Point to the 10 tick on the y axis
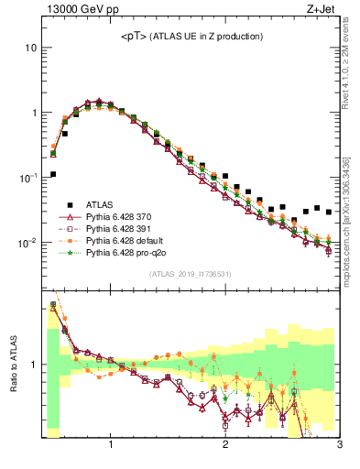click(x=30, y=48)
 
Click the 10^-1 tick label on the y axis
click(x=27, y=178)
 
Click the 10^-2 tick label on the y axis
click(x=27, y=243)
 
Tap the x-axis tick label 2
click(x=225, y=447)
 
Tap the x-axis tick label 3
click(x=339, y=447)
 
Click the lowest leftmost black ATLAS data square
click(x=53, y=174)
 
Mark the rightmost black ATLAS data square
click(x=329, y=212)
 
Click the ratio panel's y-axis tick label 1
click(x=33, y=365)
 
